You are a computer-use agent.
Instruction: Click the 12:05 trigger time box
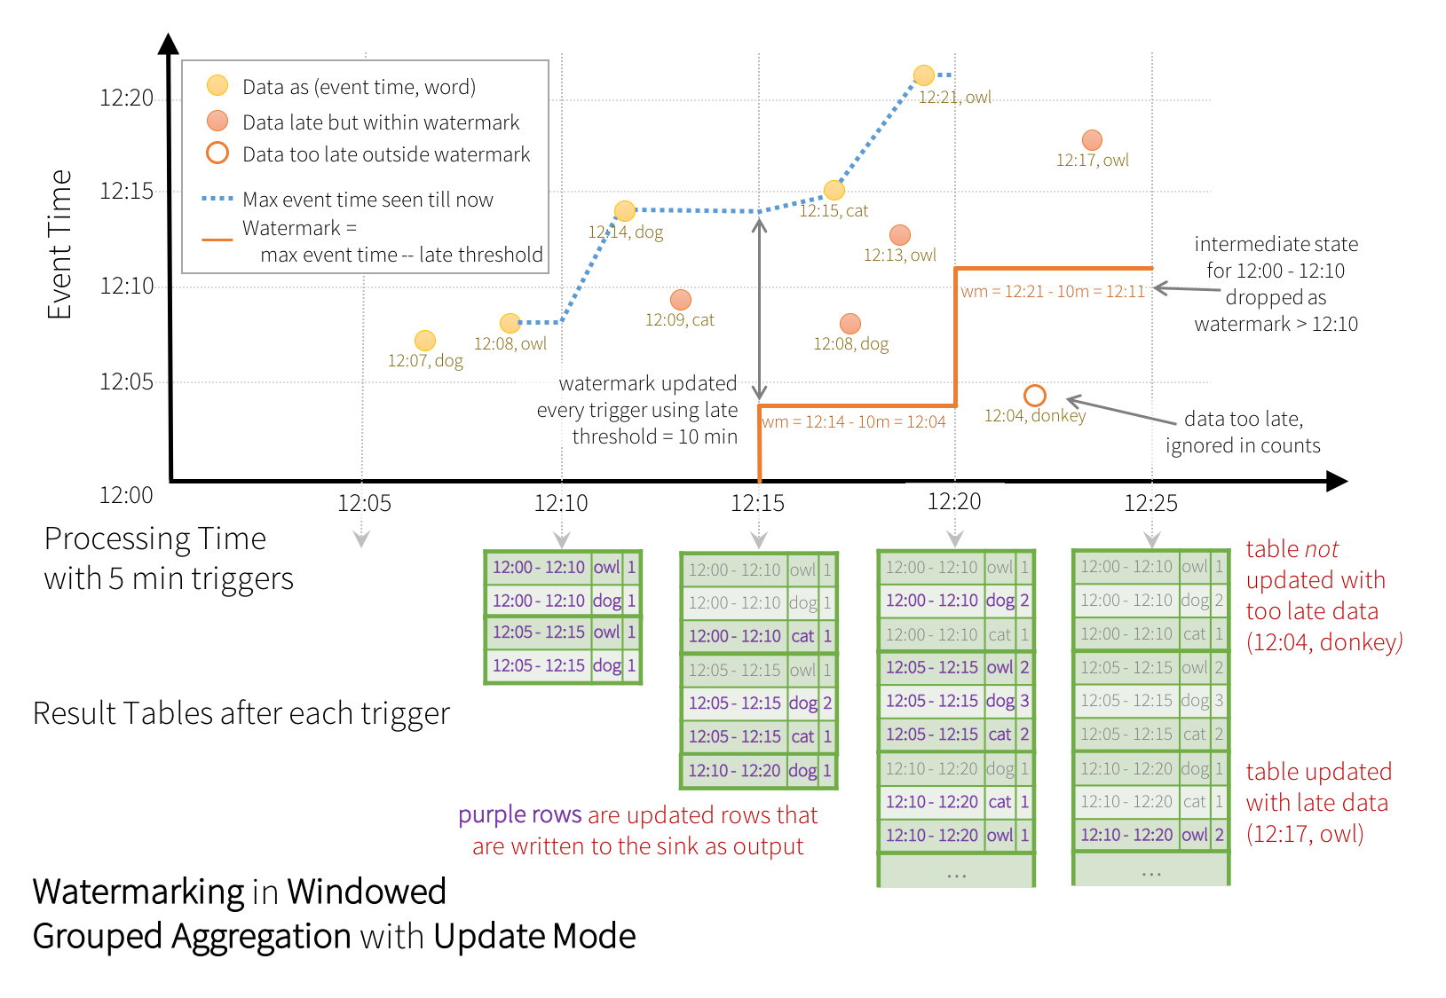click(365, 503)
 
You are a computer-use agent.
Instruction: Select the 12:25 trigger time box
click(1150, 503)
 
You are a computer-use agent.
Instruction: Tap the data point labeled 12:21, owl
click(924, 75)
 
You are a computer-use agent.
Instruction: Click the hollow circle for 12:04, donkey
click(1035, 395)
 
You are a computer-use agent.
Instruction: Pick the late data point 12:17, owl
click(1092, 140)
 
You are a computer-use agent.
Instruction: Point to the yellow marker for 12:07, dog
click(425, 341)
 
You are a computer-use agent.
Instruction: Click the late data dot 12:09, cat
click(681, 300)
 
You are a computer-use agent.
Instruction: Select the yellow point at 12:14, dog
click(625, 211)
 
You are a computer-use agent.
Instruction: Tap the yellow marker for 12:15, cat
click(834, 190)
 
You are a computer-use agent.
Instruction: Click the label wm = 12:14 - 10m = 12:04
click(853, 422)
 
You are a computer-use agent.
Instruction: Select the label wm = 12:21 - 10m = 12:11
click(1053, 291)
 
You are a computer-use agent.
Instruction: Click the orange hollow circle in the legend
click(217, 153)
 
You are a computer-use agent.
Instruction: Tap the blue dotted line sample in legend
click(217, 199)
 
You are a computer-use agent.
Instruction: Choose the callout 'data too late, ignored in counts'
click(1243, 432)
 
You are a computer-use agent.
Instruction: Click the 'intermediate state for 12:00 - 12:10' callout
click(1276, 284)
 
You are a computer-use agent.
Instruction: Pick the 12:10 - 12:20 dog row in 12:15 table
click(759, 771)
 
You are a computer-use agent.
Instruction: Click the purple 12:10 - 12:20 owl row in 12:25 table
click(1150, 835)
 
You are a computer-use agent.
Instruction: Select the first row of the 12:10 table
click(563, 568)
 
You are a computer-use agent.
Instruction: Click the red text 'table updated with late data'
click(1318, 803)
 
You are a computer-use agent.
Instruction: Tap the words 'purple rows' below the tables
click(520, 815)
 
